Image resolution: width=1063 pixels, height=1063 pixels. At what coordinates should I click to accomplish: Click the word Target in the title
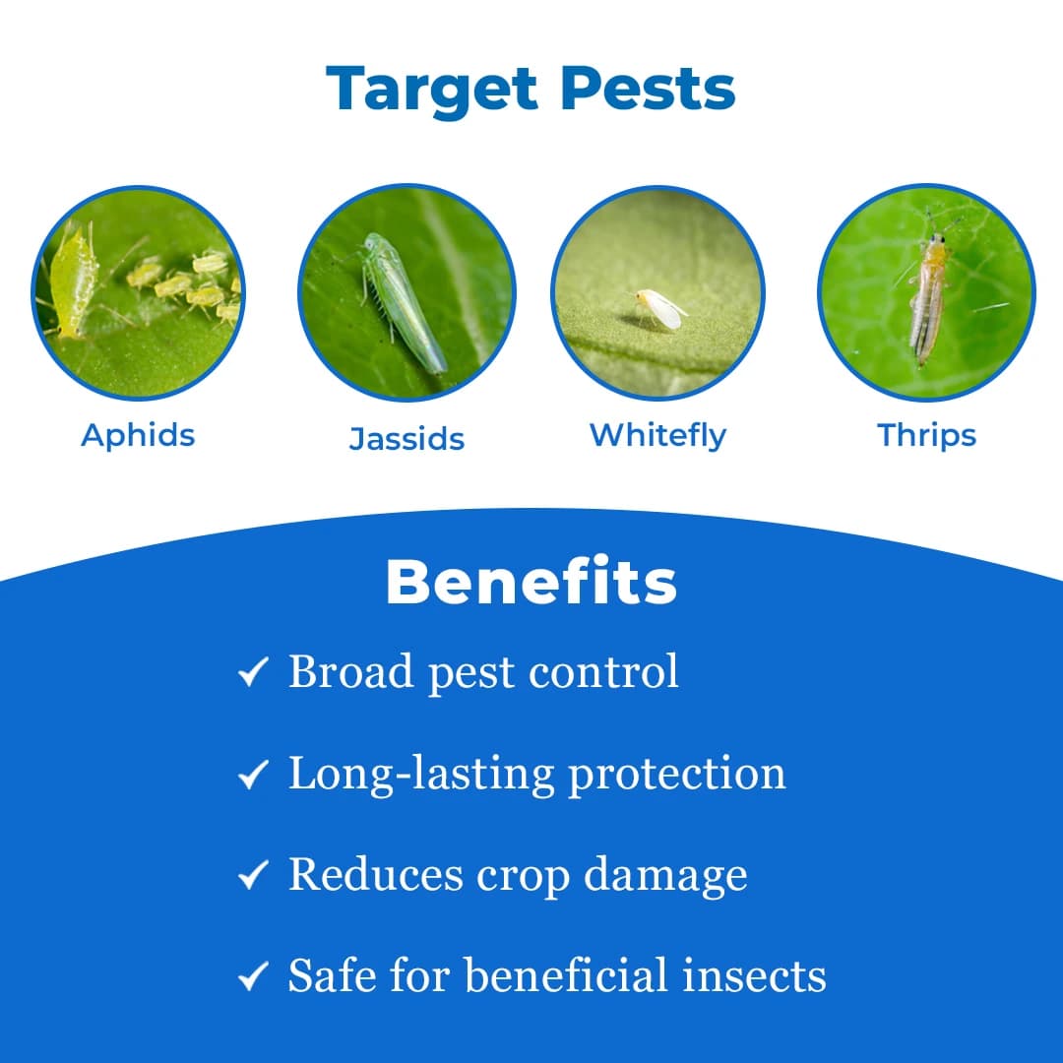[432, 90]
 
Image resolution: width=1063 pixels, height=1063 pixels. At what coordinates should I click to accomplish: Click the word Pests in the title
[649, 90]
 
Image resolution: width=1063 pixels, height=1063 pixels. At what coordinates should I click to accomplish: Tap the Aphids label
[138, 435]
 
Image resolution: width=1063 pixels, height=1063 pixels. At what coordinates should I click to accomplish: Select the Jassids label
[406, 439]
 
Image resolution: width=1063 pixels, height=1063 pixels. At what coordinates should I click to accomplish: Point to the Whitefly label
[657, 435]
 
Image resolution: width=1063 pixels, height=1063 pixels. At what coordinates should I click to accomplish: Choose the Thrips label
[926, 435]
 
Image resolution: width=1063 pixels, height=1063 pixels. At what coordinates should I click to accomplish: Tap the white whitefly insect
[658, 308]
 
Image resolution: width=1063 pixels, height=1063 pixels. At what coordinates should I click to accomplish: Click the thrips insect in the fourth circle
[927, 295]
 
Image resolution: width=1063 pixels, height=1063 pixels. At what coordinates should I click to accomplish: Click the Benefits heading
[531, 583]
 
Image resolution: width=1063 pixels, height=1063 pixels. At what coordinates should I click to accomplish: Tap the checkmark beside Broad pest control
[253, 674]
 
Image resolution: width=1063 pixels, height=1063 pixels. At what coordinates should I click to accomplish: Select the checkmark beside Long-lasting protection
[253, 776]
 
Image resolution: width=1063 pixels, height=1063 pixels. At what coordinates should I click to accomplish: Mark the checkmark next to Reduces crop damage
[253, 875]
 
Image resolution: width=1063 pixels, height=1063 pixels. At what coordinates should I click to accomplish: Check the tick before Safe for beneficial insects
[253, 976]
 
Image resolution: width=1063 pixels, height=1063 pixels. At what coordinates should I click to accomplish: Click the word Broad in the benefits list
[350, 672]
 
